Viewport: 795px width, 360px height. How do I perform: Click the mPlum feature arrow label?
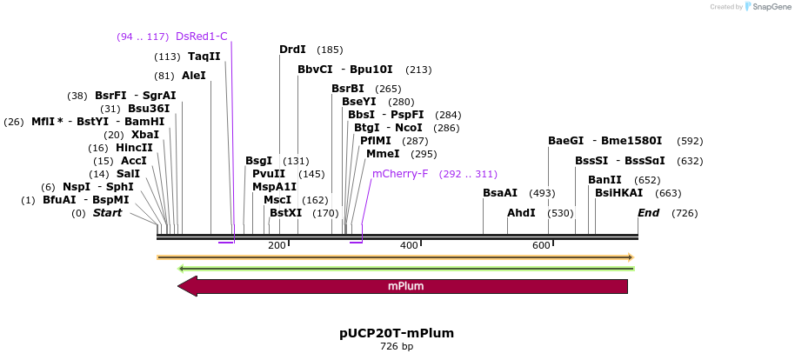406,286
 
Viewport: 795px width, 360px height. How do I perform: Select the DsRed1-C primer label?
201,37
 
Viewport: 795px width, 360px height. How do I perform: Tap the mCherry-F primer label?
400,174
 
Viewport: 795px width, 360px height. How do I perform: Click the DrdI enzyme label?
293,50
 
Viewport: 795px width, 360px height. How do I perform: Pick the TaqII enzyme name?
204,57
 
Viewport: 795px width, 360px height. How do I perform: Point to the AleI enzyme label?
194,76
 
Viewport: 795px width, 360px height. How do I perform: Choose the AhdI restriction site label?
521,213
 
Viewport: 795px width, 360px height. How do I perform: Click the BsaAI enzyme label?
500,193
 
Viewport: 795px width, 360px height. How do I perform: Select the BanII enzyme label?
605,180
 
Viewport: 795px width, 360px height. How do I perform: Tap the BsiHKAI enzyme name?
619,193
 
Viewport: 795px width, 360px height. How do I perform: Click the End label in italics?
649,213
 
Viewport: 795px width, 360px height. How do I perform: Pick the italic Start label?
107,213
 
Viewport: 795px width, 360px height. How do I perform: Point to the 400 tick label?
409,246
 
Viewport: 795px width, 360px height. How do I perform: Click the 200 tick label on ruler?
277,246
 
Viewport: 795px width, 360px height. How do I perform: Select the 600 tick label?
541,246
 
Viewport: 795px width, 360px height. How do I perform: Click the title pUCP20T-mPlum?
397,333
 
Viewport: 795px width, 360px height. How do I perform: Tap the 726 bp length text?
397,347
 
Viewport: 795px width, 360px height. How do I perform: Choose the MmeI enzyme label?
384,154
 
